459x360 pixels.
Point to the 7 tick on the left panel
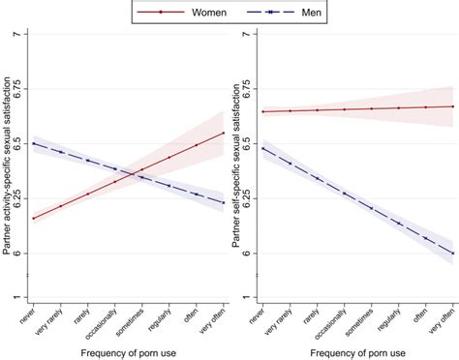tap(21, 35)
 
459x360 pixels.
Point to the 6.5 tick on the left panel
tap(21, 144)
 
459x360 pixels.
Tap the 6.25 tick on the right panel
tap(251, 198)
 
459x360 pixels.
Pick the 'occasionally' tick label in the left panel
tap(106, 324)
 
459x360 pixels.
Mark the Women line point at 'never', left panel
tap(34, 218)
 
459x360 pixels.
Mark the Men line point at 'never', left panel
tap(34, 143)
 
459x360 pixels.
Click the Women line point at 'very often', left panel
tap(224, 133)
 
